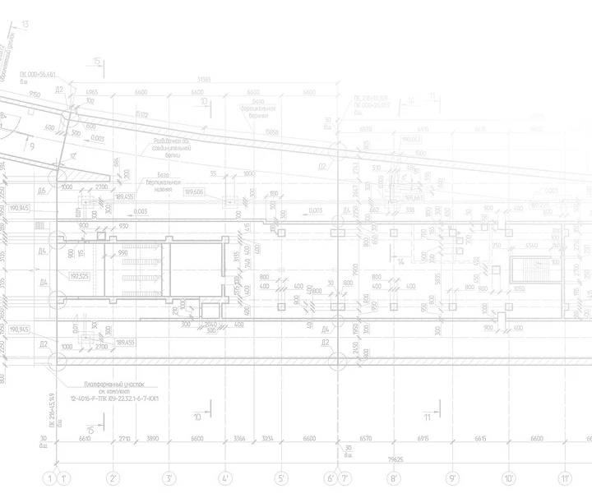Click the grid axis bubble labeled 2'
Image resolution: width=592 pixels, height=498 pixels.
pos(113,477)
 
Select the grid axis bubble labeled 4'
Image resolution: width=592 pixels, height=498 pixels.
pos(225,477)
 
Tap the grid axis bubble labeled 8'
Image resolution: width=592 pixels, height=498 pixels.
pos(395,477)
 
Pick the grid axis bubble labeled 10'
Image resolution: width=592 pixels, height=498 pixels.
pos(509,477)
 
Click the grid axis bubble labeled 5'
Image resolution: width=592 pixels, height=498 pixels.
pos(281,477)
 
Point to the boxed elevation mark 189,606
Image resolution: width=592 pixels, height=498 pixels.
pos(195,191)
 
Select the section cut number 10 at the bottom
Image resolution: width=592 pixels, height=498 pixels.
pos(197,417)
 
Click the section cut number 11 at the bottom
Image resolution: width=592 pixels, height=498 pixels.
pos(427,417)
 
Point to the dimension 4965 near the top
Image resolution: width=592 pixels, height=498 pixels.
pos(92,92)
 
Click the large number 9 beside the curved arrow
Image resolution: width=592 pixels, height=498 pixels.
pos(31,147)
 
